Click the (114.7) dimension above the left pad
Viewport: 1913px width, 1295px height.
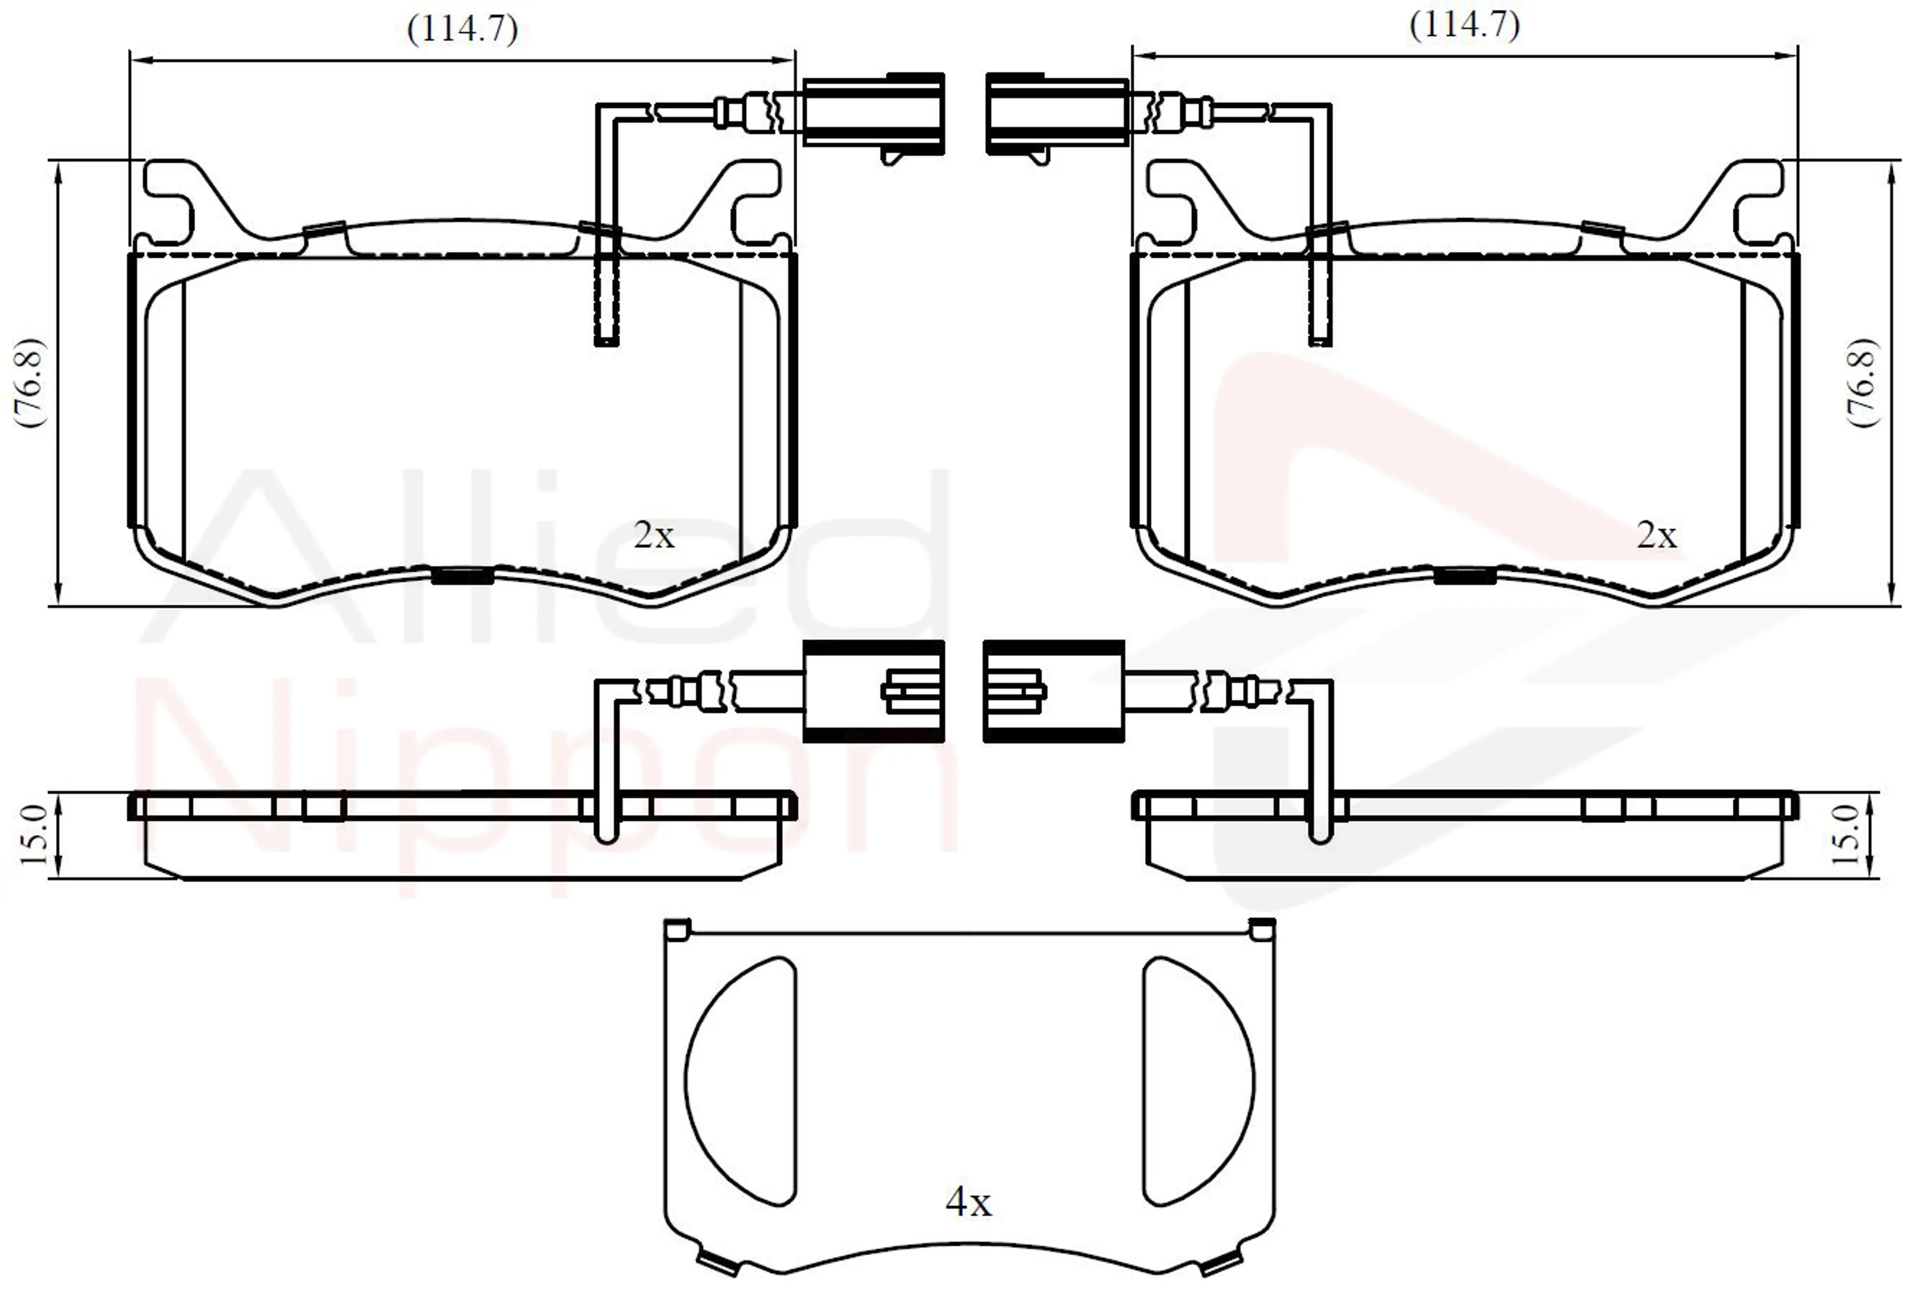[x=463, y=29]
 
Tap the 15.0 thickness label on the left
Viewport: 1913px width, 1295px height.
[x=33, y=835]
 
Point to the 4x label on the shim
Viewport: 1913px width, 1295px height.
[x=969, y=1203]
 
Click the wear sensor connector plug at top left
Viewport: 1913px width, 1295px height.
[x=873, y=115]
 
